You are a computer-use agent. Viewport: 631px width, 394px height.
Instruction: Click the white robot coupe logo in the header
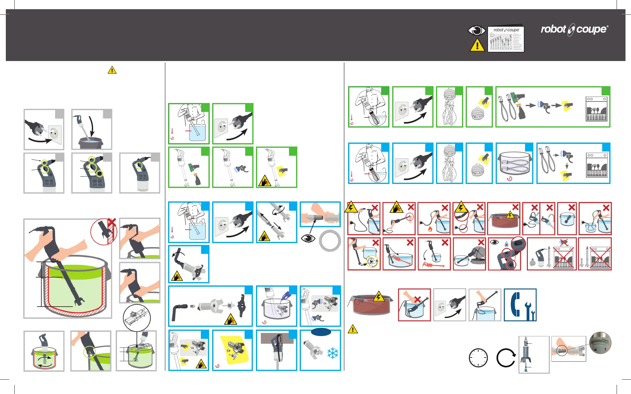click(x=574, y=30)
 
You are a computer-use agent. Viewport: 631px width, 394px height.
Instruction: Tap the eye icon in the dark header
click(x=476, y=31)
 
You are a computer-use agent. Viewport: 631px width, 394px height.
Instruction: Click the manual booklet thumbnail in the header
click(x=506, y=39)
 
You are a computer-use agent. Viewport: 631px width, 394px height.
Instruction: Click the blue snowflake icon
click(x=332, y=353)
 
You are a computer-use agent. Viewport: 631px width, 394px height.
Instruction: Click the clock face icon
click(x=478, y=358)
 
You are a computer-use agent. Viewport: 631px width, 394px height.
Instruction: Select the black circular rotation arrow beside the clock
click(x=505, y=358)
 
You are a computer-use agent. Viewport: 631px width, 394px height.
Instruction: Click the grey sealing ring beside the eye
click(x=330, y=241)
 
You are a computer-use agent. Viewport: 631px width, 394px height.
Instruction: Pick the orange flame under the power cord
click(x=430, y=229)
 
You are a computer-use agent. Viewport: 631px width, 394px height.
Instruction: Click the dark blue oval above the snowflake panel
click(x=321, y=332)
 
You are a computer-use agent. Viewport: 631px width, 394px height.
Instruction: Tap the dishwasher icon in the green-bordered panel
click(x=596, y=109)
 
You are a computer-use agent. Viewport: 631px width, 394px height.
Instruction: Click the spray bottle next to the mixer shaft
click(x=197, y=179)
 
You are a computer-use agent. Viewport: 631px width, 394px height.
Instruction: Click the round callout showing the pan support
click(x=137, y=318)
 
